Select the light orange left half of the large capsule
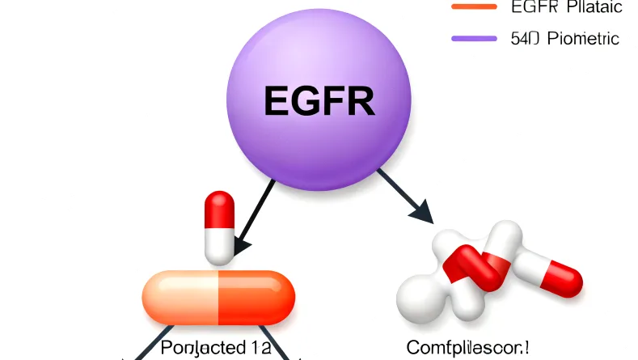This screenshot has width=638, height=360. click(180, 296)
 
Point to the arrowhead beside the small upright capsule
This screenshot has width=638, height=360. click(241, 241)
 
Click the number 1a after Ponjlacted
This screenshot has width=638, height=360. click(259, 349)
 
